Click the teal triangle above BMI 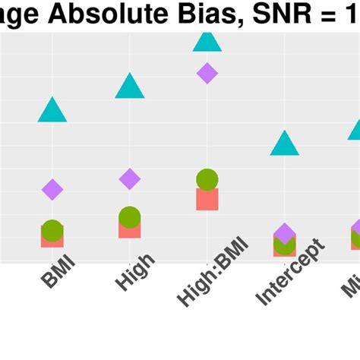[52, 112]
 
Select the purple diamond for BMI [52, 189]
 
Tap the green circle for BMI [52, 230]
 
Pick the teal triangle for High [130, 87]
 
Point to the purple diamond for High [130, 179]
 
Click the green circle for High [130, 217]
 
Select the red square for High [130, 229]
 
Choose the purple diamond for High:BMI [207, 73]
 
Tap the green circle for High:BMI [207, 180]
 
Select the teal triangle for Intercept [285, 144]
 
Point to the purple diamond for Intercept [285, 233]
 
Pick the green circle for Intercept [285, 245]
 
